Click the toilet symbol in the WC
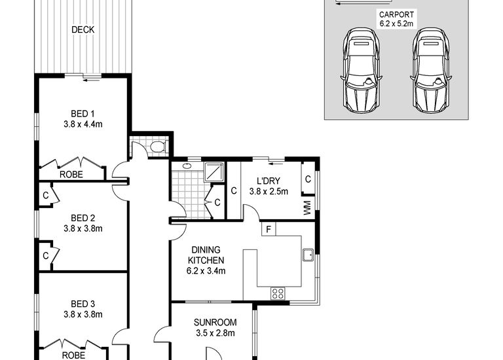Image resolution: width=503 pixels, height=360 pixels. [x=158, y=147]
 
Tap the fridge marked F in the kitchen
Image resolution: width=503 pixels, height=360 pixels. [x=269, y=229]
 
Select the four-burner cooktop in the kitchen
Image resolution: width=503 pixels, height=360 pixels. [x=278, y=293]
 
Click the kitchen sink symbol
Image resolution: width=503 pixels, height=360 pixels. [x=308, y=255]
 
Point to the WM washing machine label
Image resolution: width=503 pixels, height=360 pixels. [x=307, y=207]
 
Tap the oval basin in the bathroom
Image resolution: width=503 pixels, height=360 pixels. [x=187, y=166]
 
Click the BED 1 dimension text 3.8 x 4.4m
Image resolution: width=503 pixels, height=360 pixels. [x=83, y=124]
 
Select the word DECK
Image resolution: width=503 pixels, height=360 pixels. [x=83, y=30]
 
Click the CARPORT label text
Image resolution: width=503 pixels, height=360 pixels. [x=396, y=15]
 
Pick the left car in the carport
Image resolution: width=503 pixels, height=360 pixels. [x=362, y=70]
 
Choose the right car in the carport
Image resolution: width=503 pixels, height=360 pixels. [x=431, y=70]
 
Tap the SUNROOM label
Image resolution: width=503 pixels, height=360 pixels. [x=215, y=323]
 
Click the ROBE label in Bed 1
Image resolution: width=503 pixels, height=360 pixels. [x=71, y=175]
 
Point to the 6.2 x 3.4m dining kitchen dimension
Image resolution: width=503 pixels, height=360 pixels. [x=206, y=271]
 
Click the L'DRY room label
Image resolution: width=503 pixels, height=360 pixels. [x=269, y=181]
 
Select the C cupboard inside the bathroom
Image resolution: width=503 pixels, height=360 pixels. [x=217, y=202]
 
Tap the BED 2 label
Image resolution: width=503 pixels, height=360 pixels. [x=83, y=219]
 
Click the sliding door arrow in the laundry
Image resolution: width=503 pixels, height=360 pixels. [x=276, y=164]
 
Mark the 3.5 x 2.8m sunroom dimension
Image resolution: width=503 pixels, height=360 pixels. [x=215, y=333]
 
